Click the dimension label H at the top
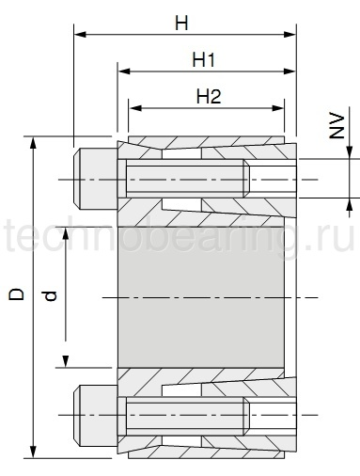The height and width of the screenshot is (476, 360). coord(181,22)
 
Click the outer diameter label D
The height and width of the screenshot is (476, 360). coord(16,294)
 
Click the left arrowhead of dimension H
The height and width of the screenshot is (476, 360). coord(79,35)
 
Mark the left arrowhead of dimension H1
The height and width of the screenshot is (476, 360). coord(122,71)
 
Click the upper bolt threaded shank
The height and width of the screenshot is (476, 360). coord(188,180)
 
